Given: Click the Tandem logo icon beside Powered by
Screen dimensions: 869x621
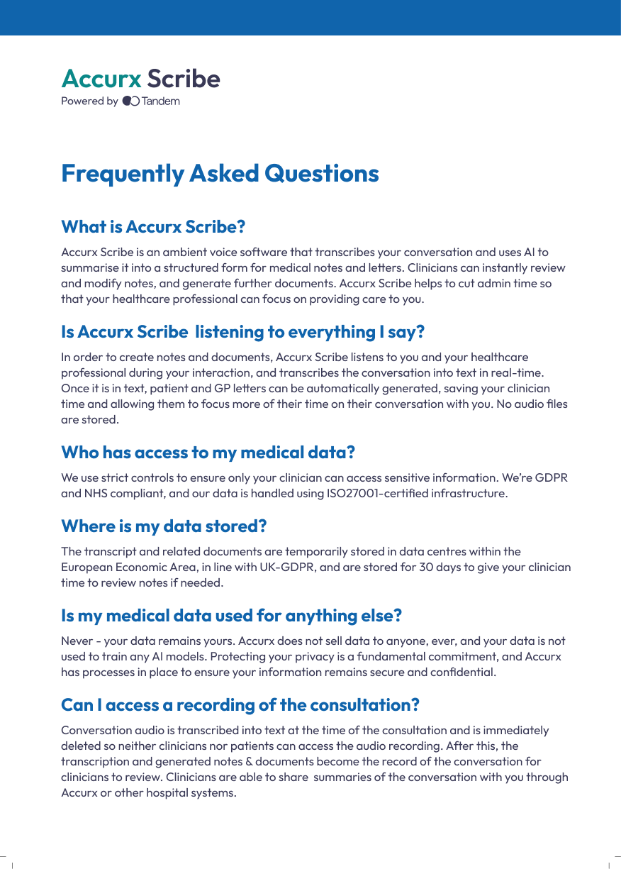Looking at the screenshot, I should [x=130, y=101].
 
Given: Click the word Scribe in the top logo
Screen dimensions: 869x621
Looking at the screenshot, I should [x=184, y=79].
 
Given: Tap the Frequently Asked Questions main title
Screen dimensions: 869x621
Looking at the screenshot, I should [x=220, y=173].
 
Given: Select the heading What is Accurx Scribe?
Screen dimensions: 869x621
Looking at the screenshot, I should [x=153, y=227].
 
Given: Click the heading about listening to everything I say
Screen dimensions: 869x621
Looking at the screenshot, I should [x=242, y=331].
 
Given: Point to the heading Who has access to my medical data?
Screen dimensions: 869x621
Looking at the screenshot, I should [x=208, y=452].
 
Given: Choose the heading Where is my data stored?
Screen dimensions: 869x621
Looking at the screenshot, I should [x=164, y=526].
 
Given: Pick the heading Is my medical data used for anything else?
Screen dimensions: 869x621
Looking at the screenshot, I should [x=231, y=615].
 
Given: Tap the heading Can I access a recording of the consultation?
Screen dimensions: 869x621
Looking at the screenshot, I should [x=240, y=704].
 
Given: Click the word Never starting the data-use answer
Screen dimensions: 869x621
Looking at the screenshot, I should [x=77, y=641].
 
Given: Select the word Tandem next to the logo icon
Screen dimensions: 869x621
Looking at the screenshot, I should [x=161, y=101].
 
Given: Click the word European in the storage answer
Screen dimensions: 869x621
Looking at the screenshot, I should [x=84, y=567].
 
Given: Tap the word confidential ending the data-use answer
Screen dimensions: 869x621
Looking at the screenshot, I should [x=465, y=672].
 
